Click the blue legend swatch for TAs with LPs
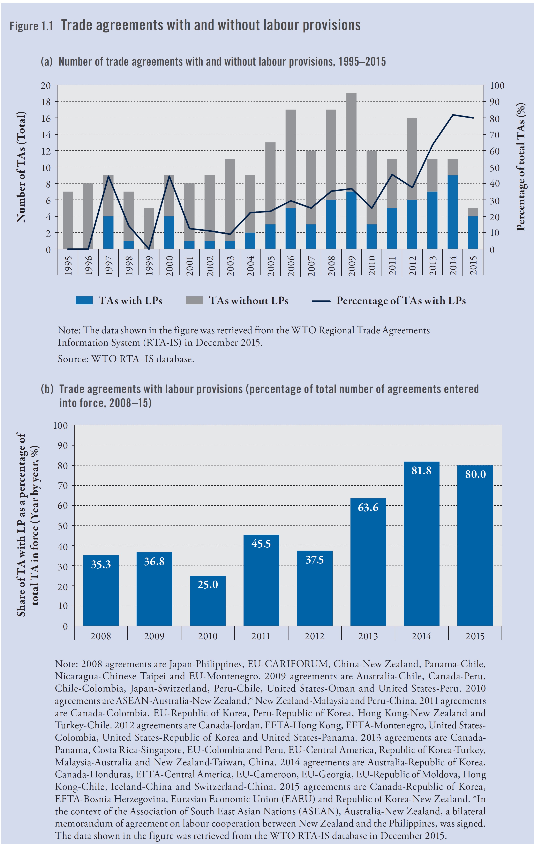click(84, 300)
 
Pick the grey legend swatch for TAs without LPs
click(194, 300)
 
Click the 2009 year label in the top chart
click(351, 265)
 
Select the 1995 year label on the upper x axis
click(68, 265)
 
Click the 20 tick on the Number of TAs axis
click(46, 85)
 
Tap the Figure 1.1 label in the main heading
click(31, 26)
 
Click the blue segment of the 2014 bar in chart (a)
click(453, 212)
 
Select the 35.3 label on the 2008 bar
click(101, 564)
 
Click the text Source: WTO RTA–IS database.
click(126, 359)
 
